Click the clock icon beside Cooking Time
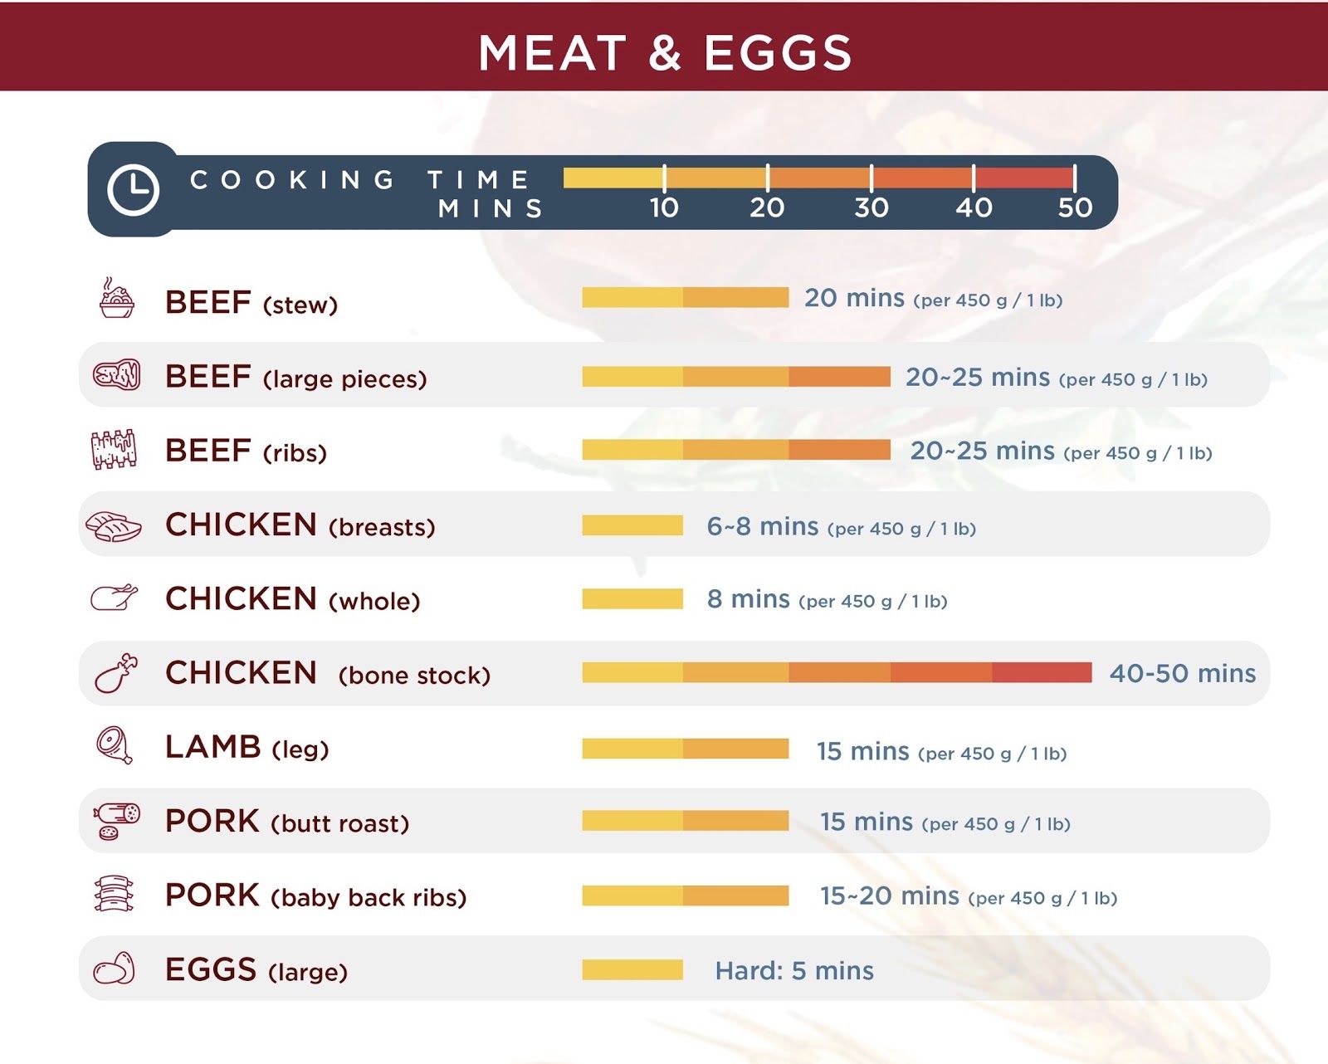click(x=133, y=189)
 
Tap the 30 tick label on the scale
click(x=871, y=207)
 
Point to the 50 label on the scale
click(x=1075, y=207)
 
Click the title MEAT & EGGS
click(x=665, y=53)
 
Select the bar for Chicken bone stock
click(x=837, y=672)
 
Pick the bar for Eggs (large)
click(x=632, y=969)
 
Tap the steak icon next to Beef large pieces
click(x=116, y=375)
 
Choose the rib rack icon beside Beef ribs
click(x=114, y=450)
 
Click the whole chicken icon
click(x=114, y=598)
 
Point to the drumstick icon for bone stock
click(x=116, y=672)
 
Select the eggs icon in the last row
click(x=114, y=969)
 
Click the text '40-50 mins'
click(x=1182, y=673)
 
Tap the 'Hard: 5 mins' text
click(x=794, y=970)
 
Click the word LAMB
click(x=213, y=747)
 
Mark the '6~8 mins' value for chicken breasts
click(x=762, y=526)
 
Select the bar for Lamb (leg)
click(x=685, y=749)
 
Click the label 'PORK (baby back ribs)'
click(x=315, y=896)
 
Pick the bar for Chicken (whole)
click(x=632, y=598)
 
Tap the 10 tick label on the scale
click(x=664, y=207)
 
